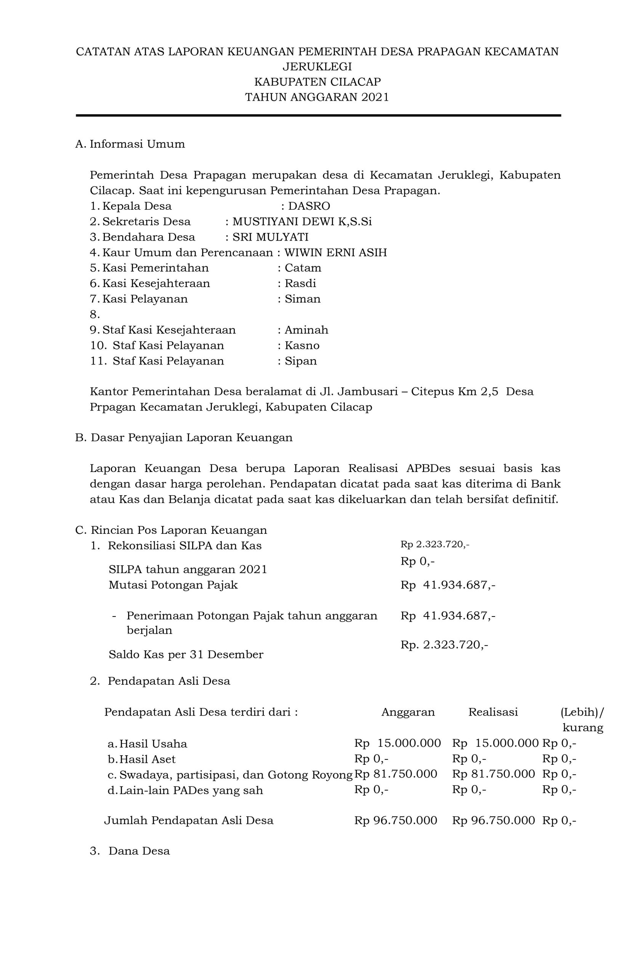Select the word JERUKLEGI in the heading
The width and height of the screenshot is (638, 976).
click(317, 66)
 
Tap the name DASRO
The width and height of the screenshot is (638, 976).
click(309, 206)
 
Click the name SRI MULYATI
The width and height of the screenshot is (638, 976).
click(270, 237)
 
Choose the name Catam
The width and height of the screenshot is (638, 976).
click(303, 268)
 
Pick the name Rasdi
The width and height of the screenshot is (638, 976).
click(300, 283)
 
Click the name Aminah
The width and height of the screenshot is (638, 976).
click(306, 330)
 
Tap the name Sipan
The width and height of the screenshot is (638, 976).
click(301, 361)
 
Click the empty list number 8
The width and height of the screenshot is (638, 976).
click(95, 315)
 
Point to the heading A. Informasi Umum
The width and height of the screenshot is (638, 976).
click(130, 144)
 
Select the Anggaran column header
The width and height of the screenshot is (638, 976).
click(407, 712)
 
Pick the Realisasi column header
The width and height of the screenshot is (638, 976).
click(493, 712)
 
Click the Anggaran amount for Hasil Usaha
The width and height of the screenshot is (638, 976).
click(397, 743)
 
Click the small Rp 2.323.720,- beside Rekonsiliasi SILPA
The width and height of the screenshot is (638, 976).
click(434, 544)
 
